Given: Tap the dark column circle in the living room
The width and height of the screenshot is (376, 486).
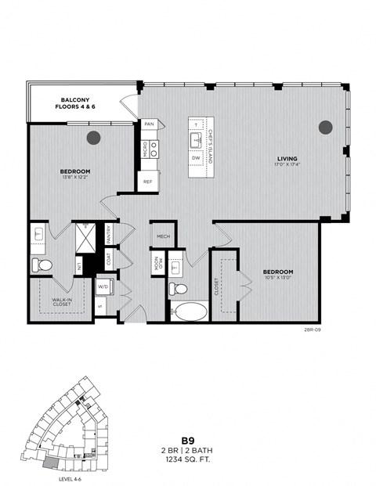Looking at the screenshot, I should [x=325, y=127].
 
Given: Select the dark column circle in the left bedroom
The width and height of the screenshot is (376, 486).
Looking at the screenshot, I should [x=94, y=138].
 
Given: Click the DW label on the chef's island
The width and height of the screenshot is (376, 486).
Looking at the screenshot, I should [x=196, y=158].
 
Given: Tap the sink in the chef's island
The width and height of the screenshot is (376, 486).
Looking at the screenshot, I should [x=196, y=140].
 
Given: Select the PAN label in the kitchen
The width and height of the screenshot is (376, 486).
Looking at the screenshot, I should [x=149, y=124].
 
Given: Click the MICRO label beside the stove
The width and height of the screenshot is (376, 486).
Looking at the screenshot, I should [x=145, y=148].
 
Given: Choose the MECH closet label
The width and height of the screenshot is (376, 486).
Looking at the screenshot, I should [x=163, y=236].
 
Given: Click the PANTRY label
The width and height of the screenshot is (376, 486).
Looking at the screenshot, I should [x=108, y=232].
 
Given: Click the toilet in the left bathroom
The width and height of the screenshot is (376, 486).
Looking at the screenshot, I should [x=42, y=266].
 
